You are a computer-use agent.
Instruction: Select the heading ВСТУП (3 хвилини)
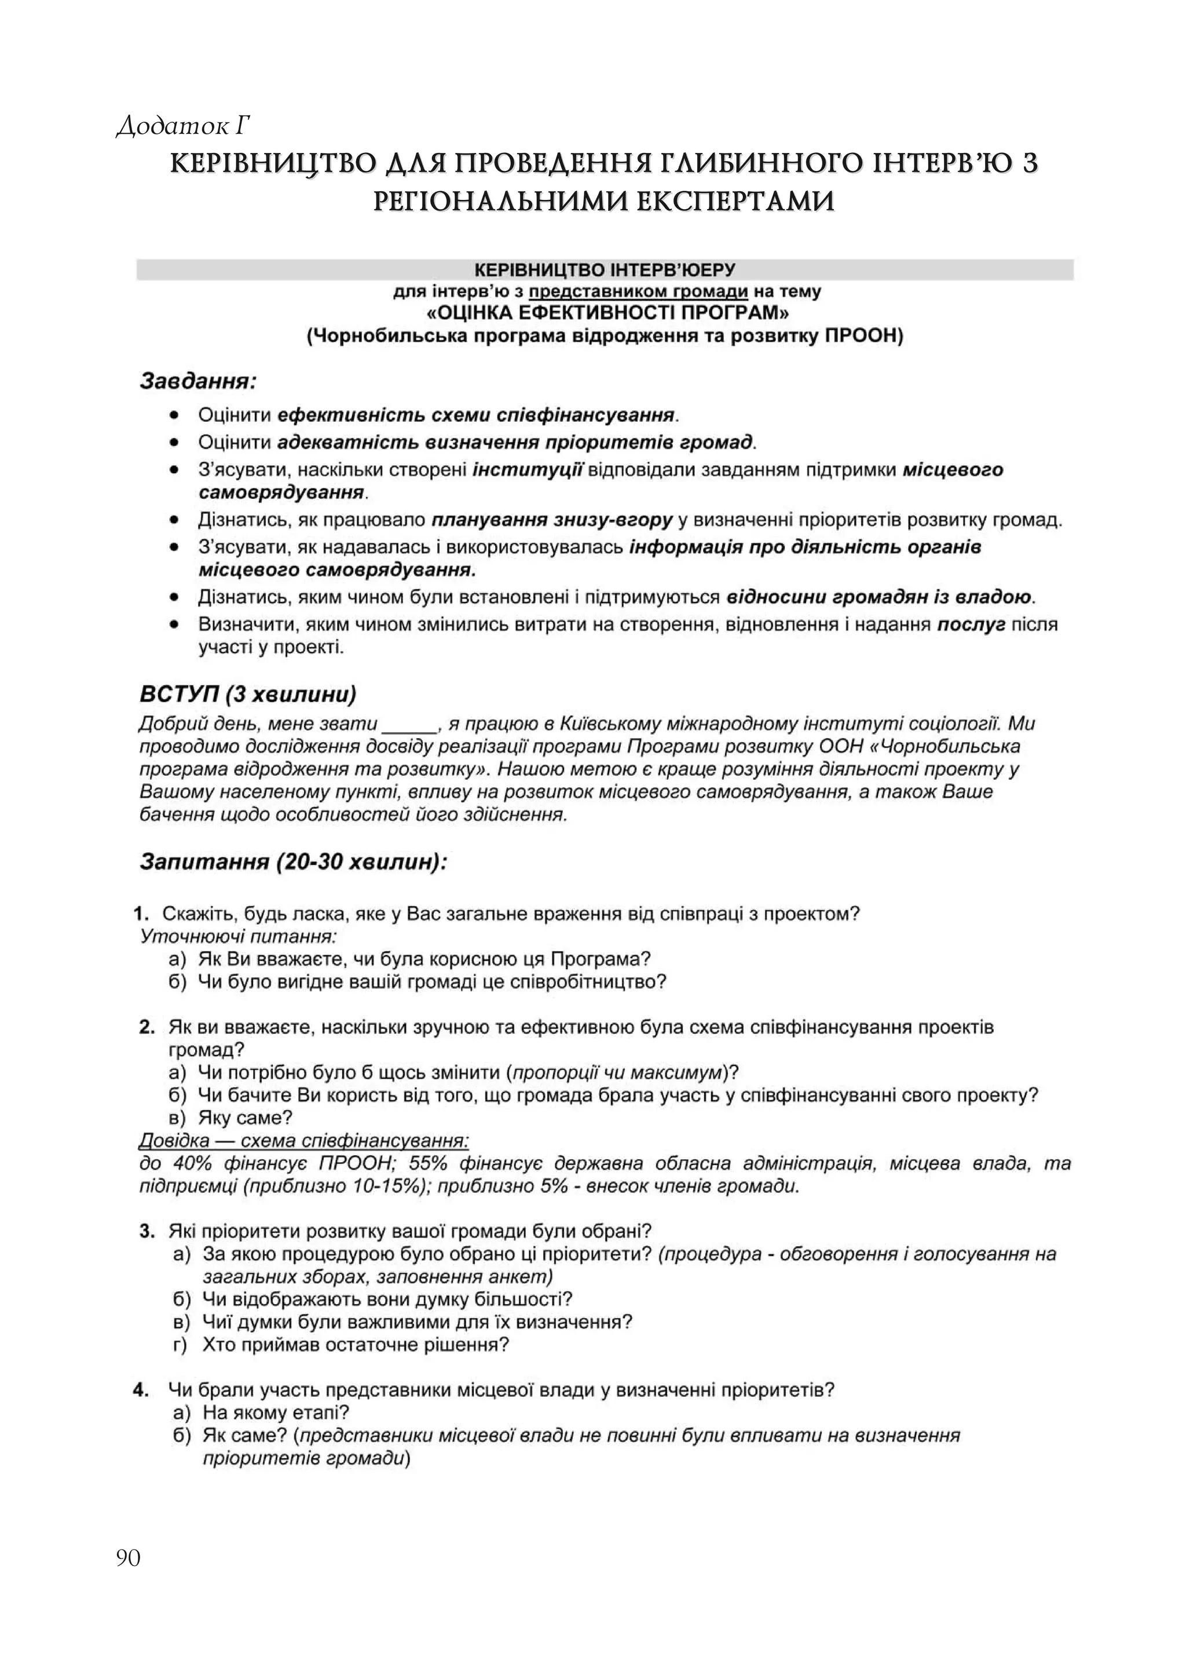coord(248,694)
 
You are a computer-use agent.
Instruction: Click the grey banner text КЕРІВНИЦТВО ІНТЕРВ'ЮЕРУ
coord(604,270)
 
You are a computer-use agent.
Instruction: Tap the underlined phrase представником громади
coord(638,292)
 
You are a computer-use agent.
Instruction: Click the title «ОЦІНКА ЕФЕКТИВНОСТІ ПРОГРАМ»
coord(605,313)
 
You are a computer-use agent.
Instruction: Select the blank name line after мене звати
coord(409,725)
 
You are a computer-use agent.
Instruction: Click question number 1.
coord(142,914)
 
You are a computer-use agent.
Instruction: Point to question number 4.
coord(142,1389)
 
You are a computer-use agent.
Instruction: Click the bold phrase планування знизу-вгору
coord(551,520)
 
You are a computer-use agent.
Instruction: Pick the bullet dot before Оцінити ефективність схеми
coord(174,415)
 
